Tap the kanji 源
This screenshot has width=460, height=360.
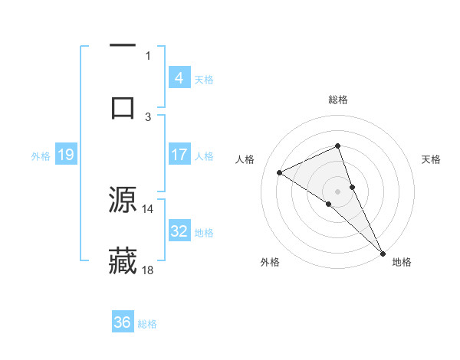coord(123,199)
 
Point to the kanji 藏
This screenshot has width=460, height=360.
coord(123,260)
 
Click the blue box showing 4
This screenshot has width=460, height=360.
coord(179,77)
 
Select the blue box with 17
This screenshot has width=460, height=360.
coord(179,154)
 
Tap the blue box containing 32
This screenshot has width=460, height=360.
coord(179,231)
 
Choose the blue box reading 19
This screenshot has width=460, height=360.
coord(65,155)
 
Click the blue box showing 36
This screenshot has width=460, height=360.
coord(122,322)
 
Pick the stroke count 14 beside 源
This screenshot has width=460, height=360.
coord(148,208)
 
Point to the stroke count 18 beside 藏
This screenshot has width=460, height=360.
coord(148,270)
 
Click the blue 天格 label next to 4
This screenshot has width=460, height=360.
coord(204,79)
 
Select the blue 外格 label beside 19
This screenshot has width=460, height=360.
coord(41,155)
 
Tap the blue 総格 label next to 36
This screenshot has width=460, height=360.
coord(147,324)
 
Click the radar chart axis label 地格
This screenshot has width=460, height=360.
coord(402,262)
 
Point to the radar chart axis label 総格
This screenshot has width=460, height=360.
coord(338,100)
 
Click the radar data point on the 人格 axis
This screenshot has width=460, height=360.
coord(280,173)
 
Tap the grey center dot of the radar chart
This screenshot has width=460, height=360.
coord(338,191)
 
